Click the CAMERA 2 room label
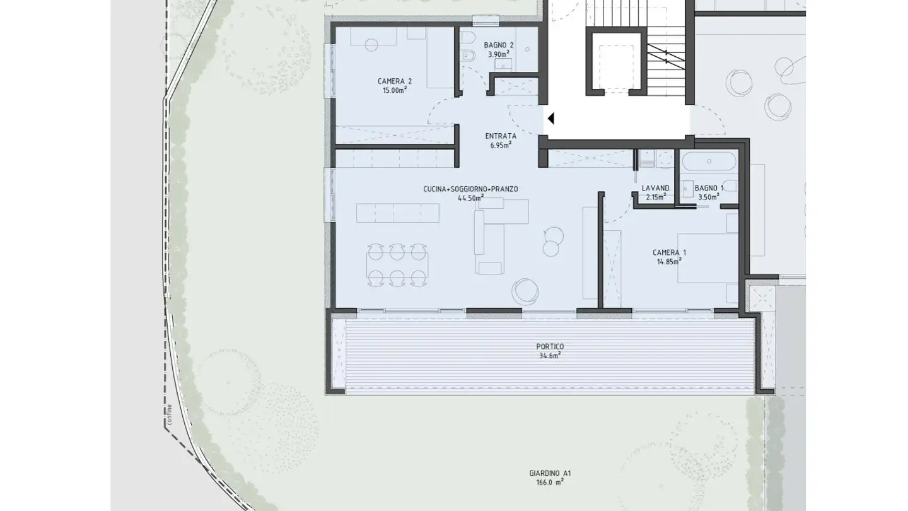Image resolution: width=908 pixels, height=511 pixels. pos(395,81)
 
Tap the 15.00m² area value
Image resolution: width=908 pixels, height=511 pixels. pos(395,90)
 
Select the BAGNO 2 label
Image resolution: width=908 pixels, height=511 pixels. pos(499,45)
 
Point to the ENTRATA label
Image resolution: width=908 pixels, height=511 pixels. pos(501,136)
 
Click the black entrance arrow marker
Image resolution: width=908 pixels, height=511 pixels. pos(550,119)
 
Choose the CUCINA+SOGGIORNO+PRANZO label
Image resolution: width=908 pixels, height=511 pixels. pos(470,189)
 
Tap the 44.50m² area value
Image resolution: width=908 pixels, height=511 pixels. pos(470,198)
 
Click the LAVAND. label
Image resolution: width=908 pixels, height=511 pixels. pos(656,188)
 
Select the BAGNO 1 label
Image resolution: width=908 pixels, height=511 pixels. pos(709,188)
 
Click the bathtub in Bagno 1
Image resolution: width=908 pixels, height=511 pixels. pos(709,162)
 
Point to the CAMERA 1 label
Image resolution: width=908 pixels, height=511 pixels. pos(669,252)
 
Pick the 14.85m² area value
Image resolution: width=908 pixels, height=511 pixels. pos(669,262)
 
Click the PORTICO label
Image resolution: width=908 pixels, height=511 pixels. pos(550,347)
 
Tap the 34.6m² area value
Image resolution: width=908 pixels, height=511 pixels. pos(550,356)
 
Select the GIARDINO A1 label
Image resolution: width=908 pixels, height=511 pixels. pos(550,473)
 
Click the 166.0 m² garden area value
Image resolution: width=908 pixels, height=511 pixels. pos(550,482)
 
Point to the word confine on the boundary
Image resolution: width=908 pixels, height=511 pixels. pos(169,414)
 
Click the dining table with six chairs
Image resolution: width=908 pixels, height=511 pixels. pos(397,265)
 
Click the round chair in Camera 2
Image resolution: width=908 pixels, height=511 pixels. pos(371,45)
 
